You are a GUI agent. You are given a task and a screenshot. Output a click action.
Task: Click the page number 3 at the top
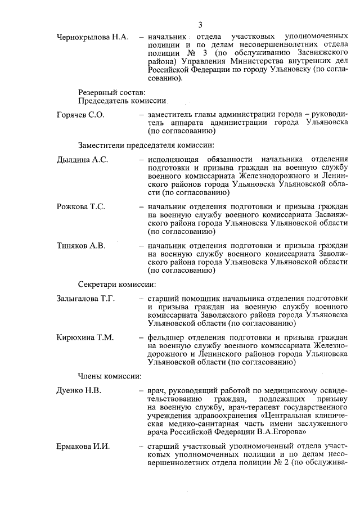(x=200, y=24)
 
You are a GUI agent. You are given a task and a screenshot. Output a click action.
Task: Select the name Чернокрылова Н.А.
(x=93, y=37)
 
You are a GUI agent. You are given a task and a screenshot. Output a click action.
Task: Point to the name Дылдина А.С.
(x=82, y=159)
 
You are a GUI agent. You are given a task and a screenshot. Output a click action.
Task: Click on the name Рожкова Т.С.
(x=81, y=206)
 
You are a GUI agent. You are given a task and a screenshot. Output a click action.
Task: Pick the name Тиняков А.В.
(x=81, y=245)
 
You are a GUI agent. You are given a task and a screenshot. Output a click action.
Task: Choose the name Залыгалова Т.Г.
(x=85, y=298)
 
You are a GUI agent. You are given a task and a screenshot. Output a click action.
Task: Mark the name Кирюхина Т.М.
(x=85, y=337)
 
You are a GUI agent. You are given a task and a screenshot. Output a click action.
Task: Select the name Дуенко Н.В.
(x=79, y=390)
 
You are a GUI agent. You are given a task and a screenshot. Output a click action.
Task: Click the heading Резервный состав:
(x=112, y=92)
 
